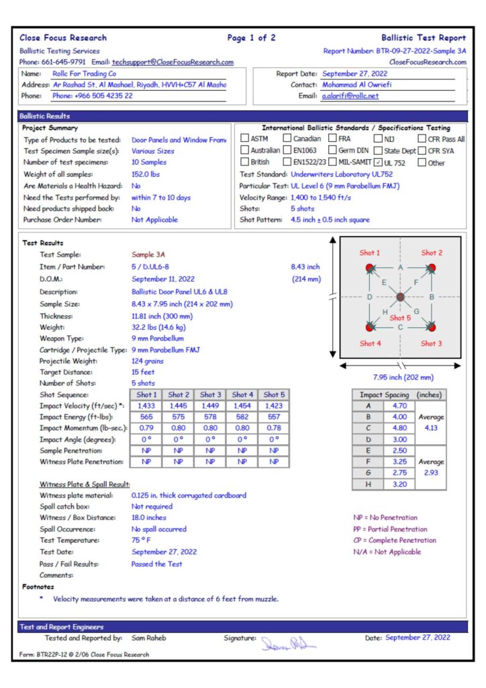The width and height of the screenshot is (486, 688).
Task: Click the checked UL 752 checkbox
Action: [379, 162]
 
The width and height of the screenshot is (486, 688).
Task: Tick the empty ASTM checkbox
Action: [245, 138]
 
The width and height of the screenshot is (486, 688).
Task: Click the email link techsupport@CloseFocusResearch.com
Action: [173, 62]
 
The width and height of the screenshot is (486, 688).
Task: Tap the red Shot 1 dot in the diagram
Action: [369, 268]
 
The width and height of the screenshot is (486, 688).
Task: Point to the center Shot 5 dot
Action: [400, 297]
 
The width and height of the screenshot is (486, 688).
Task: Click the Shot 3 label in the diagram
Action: [432, 343]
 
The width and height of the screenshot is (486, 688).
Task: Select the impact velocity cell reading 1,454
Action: [242, 406]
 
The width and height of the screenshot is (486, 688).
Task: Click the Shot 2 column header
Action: [179, 394]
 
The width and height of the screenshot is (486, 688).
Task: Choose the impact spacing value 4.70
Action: [399, 406]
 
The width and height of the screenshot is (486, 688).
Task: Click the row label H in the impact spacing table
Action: [368, 484]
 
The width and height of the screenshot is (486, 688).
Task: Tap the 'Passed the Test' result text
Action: [156, 564]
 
